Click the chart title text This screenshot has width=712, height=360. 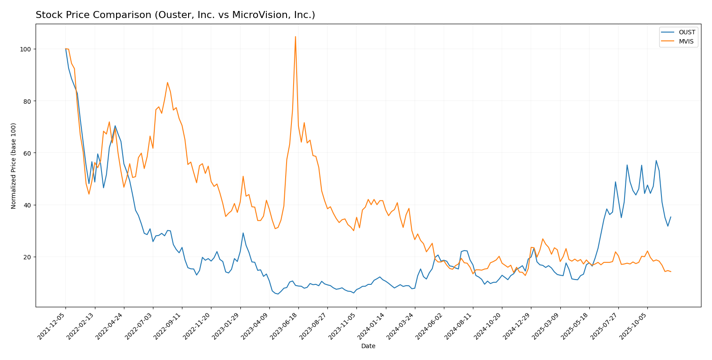tap(175, 15)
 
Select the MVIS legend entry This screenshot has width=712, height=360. tap(686, 42)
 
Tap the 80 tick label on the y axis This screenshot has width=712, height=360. tap(25, 101)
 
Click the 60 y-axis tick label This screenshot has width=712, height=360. tap(25, 153)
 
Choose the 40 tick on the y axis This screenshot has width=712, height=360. tap(25, 205)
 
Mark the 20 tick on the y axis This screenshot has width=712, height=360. tap(25, 257)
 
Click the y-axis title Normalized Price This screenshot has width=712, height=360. tap(14, 166)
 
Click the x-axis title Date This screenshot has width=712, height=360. tap(368, 346)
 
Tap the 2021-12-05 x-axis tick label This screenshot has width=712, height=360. tap(52, 326)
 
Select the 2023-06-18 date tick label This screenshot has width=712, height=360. tap(285, 326)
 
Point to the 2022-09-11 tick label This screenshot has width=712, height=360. tap(168, 326)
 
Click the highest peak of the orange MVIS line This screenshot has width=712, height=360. tap(295, 36)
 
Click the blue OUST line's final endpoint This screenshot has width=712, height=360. tap(671, 217)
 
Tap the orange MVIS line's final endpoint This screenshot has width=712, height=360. tap(671, 272)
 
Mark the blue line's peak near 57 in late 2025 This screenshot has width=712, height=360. tap(656, 160)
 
